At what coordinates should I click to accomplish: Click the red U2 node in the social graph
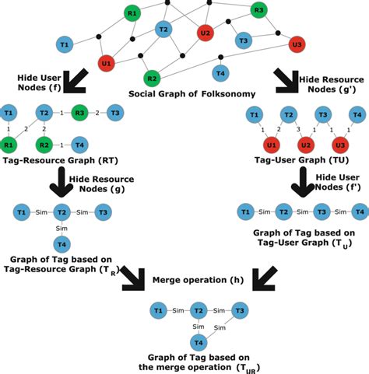pos(206,33)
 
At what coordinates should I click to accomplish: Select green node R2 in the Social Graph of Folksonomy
pos(152,79)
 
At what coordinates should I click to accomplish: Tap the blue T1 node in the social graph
pos(65,44)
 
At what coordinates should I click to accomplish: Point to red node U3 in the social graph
pos(297,44)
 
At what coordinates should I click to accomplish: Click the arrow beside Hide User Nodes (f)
pos(76,81)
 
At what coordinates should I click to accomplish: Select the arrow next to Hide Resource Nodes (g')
pos(286,81)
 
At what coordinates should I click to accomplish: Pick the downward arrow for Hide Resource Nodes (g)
pos(61,182)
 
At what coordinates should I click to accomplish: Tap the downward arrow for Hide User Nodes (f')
pos(303,182)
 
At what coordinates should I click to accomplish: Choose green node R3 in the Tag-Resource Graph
pos(79,113)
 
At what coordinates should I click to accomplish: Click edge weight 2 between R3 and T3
pos(97,113)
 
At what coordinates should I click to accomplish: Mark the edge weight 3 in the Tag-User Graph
pos(298,129)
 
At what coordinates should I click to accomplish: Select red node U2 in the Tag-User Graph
pos(306,145)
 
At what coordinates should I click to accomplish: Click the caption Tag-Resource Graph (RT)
pos(61,160)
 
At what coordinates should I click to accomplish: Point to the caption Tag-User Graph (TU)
pos(301,159)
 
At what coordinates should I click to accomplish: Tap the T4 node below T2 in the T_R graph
pos(61,244)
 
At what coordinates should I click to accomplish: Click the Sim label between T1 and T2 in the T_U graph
pos(265,212)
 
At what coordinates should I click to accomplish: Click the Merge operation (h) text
pos(198,280)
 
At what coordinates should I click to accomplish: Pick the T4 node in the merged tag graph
pos(199,343)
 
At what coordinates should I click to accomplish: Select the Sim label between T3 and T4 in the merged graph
pos(220,327)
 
